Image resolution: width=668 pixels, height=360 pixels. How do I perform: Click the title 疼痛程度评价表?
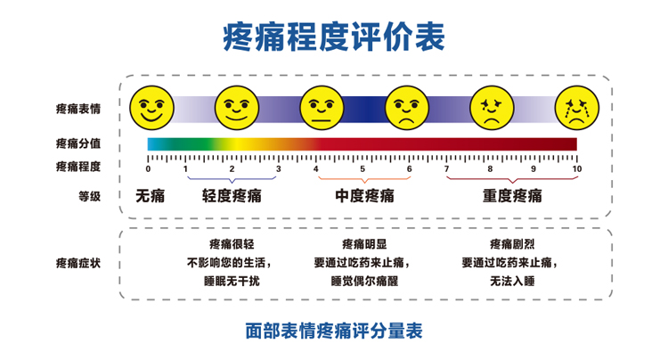click(x=333, y=37)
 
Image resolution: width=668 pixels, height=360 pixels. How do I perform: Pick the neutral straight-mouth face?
click(x=322, y=108)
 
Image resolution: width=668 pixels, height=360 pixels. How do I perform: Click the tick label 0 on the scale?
click(x=148, y=169)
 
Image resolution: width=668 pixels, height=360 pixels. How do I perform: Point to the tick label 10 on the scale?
click(x=576, y=169)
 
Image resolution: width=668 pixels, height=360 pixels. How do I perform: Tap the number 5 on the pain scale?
click(x=363, y=169)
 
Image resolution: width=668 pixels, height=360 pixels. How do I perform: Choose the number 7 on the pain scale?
click(x=447, y=169)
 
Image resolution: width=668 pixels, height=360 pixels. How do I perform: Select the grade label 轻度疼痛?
click(x=232, y=196)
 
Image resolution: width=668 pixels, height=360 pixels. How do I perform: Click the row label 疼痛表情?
click(x=78, y=110)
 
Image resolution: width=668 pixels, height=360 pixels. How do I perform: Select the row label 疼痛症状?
click(x=78, y=263)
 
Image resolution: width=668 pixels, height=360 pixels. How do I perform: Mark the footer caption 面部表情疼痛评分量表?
click(x=333, y=331)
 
